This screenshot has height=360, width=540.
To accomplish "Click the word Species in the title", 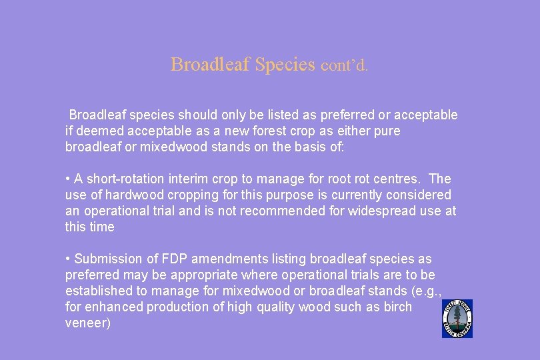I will point(285,65).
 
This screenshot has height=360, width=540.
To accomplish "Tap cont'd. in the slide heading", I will point(344,66).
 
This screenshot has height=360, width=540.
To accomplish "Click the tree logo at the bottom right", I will point(457,318).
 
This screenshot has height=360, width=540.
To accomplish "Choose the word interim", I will point(186,179).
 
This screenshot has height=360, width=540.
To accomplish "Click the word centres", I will point(400,179).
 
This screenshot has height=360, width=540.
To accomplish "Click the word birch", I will point(397,307).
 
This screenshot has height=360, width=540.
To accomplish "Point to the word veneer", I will point(85,323).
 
